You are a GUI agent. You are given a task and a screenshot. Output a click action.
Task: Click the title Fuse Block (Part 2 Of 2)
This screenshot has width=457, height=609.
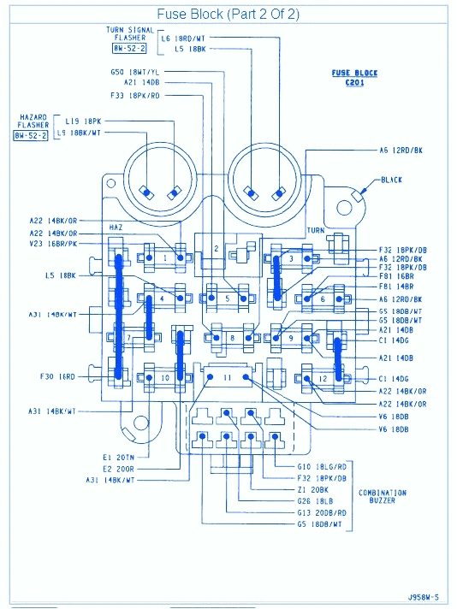click(x=228, y=15)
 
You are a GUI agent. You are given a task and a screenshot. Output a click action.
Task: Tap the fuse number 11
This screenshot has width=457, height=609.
click(x=227, y=376)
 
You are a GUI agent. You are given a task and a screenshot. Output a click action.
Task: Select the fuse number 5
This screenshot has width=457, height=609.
click(x=227, y=299)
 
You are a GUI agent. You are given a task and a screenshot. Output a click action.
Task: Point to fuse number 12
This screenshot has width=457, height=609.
click(x=323, y=377)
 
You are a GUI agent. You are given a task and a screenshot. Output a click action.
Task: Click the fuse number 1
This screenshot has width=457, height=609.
click(x=164, y=256)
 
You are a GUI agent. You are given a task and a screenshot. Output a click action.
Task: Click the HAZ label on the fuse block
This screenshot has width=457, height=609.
click(x=117, y=228)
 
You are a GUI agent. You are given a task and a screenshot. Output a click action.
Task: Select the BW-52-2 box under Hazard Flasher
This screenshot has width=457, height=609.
click(x=31, y=135)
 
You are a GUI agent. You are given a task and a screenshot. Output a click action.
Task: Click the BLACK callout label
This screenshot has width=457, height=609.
click(x=391, y=180)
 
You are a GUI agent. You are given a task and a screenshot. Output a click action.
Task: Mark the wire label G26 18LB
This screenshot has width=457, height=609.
click(x=315, y=500)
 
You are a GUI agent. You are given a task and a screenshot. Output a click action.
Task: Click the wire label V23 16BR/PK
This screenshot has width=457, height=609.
click(x=53, y=244)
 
